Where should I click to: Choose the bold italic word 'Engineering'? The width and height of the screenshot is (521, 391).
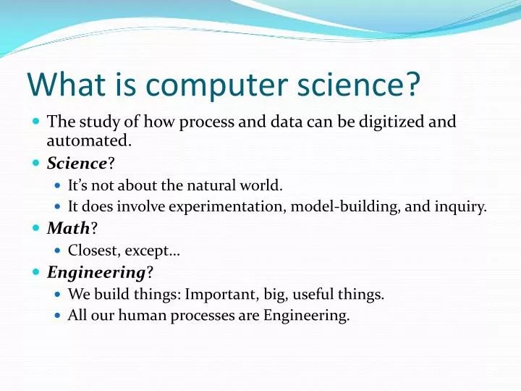click(96, 272)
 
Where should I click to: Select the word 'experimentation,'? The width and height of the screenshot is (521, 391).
click(228, 206)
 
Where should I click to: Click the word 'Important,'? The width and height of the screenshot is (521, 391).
click(219, 294)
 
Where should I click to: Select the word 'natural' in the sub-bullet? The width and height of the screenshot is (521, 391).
click(203, 185)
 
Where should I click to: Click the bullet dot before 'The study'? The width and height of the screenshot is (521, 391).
click(37, 122)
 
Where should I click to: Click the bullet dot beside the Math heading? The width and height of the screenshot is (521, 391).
click(37, 228)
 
